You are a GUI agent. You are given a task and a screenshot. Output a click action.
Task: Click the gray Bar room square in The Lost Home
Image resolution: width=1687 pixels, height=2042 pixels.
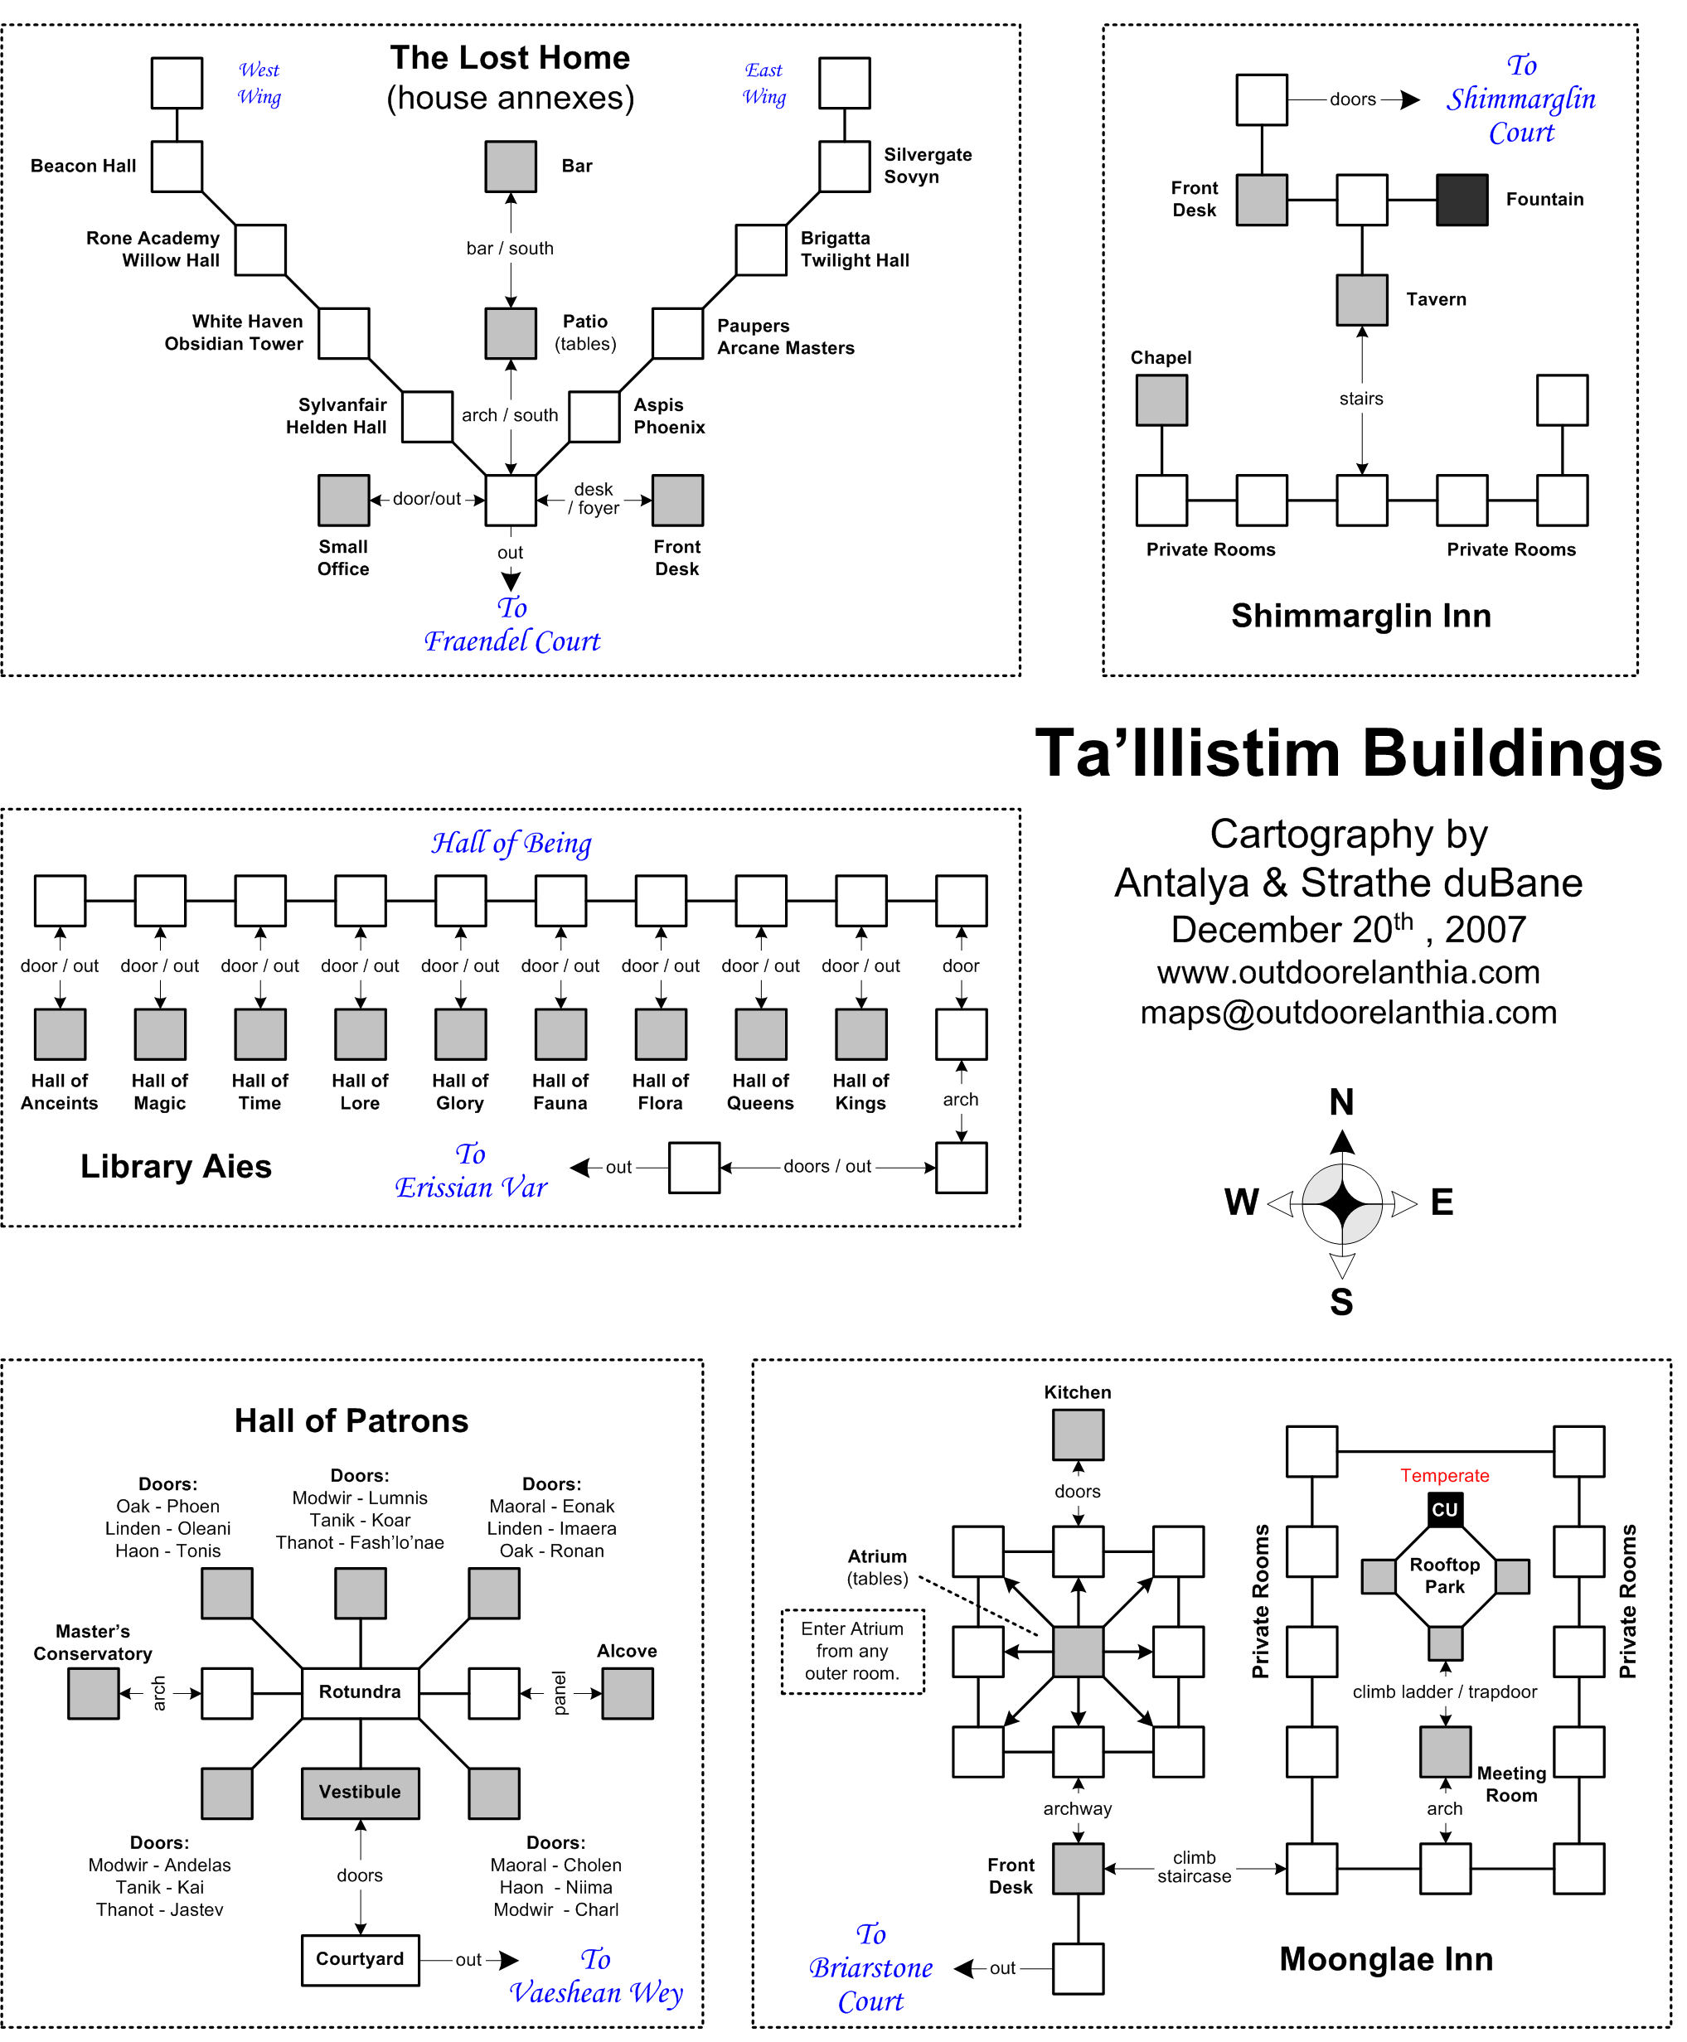[x=510, y=166]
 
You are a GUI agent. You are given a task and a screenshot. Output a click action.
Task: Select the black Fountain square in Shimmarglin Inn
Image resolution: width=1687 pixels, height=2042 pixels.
[x=1462, y=200]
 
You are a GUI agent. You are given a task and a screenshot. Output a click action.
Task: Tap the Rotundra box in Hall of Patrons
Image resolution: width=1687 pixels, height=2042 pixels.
[x=360, y=1692]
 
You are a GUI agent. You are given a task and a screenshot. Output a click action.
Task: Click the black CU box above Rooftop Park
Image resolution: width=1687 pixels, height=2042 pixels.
[x=1445, y=1508]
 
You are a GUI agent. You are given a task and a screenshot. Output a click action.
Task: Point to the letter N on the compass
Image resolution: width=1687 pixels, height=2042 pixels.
[x=1341, y=1101]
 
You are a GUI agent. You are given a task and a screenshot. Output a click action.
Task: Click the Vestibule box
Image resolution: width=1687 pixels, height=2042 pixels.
[x=360, y=1793]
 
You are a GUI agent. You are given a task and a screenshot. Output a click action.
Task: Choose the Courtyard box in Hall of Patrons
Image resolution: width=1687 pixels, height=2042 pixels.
[x=360, y=1959]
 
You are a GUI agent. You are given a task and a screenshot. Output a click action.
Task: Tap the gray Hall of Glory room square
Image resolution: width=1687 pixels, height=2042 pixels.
[x=461, y=1033]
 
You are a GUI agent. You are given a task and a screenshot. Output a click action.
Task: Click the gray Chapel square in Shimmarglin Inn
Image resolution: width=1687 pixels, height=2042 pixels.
[x=1161, y=400]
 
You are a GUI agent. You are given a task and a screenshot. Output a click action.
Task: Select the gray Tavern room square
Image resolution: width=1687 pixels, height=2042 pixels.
[x=1361, y=299]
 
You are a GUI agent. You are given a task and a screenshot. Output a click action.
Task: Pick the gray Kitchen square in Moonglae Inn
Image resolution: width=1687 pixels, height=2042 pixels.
[x=1078, y=1435]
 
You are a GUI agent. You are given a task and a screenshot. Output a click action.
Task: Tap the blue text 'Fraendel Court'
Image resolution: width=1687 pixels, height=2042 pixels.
[x=512, y=641]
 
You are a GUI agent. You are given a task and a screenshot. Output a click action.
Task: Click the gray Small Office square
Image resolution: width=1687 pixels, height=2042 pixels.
[x=343, y=501]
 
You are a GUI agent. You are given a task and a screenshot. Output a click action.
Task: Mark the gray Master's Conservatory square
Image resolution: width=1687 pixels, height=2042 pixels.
[x=94, y=1693]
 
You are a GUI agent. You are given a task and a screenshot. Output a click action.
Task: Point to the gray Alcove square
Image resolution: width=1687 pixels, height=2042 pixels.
[x=627, y=1693]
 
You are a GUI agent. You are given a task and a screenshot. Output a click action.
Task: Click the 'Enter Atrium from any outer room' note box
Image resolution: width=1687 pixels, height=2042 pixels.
[x=852, y=1652]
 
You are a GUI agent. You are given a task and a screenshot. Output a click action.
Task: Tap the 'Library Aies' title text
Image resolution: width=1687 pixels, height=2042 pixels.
[x=176, y=1166]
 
